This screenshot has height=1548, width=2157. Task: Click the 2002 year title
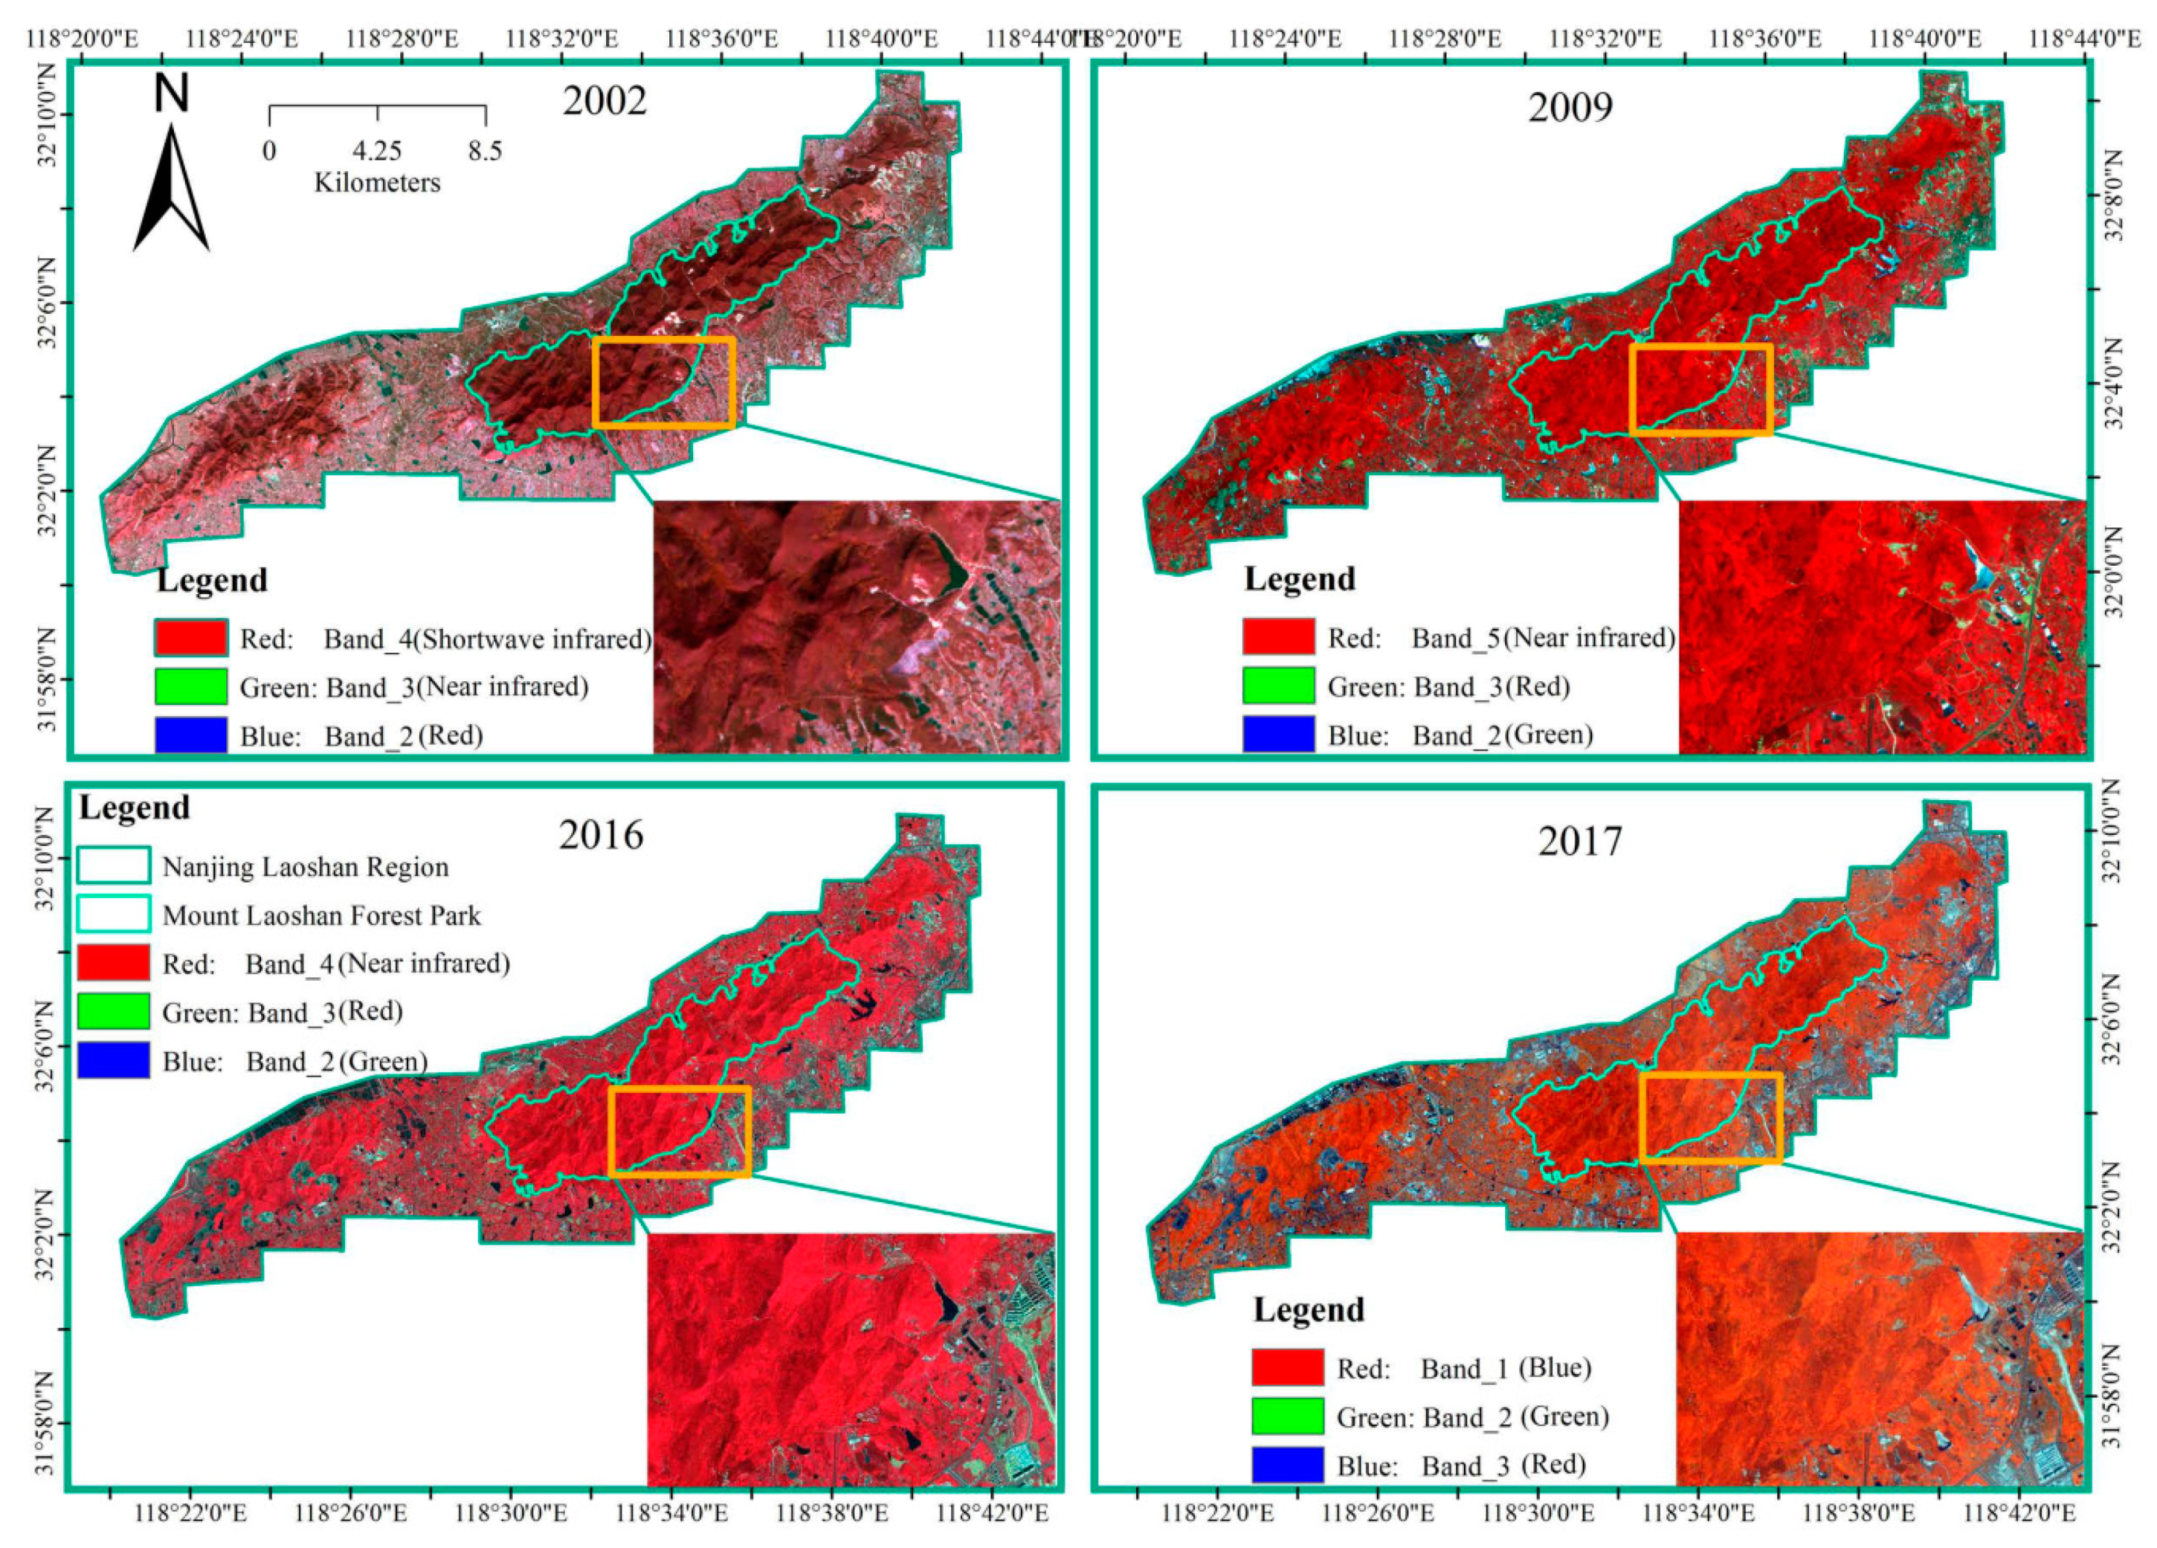(604, 101)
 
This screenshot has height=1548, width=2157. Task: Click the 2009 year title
(1570, 107)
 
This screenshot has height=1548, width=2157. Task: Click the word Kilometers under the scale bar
(378, 183)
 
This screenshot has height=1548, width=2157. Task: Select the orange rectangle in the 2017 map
(1710, 1118)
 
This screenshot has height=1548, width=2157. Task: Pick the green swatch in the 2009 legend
(1278, 686)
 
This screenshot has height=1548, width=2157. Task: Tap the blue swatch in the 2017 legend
(1288, 1465)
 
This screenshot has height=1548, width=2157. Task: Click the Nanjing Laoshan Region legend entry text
(305, 867)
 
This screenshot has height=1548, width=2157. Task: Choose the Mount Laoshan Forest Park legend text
(321, 915)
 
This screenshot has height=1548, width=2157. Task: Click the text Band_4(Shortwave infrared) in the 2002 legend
(487, 638)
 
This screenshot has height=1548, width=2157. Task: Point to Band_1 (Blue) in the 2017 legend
(1505, 1368)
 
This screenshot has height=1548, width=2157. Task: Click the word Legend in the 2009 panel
(1299, 578)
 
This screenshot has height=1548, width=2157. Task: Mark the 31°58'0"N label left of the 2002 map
(46, 679)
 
